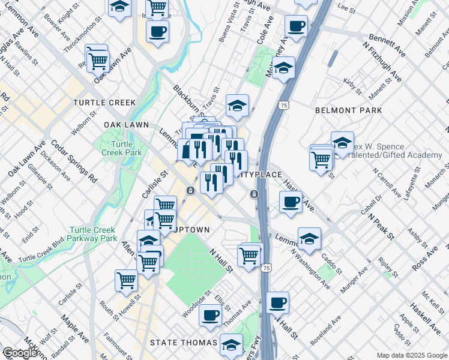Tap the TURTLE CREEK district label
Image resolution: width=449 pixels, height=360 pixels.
[104, 103]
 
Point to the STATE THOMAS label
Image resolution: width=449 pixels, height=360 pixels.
[183, 342]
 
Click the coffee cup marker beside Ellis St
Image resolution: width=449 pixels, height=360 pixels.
[210, 315]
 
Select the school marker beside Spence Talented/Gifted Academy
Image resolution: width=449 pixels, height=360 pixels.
[342, 143]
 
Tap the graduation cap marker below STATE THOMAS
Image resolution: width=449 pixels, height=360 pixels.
[231, 344]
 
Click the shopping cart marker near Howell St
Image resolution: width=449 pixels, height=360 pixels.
[126, 280]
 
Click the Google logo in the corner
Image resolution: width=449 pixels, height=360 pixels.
[20, 353]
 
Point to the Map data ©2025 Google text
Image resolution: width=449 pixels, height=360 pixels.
[412, 355]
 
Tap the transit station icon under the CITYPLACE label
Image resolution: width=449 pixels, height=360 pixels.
[255, 194]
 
